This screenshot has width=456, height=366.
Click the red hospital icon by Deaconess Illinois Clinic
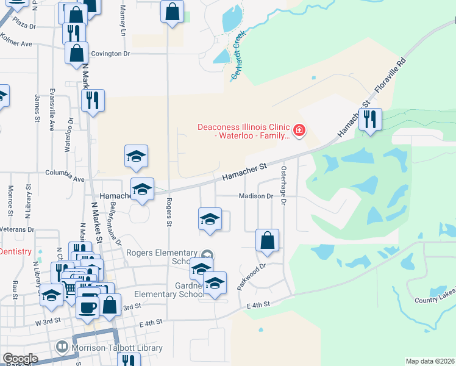pyautogui.click(x=299, y=130)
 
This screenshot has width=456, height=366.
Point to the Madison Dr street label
pyautogui.click(x=255, y=196)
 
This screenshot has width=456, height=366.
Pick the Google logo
pyautogui.click(x=20, y=359)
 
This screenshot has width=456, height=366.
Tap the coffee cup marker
pyautogui.click(x=87, y=306)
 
